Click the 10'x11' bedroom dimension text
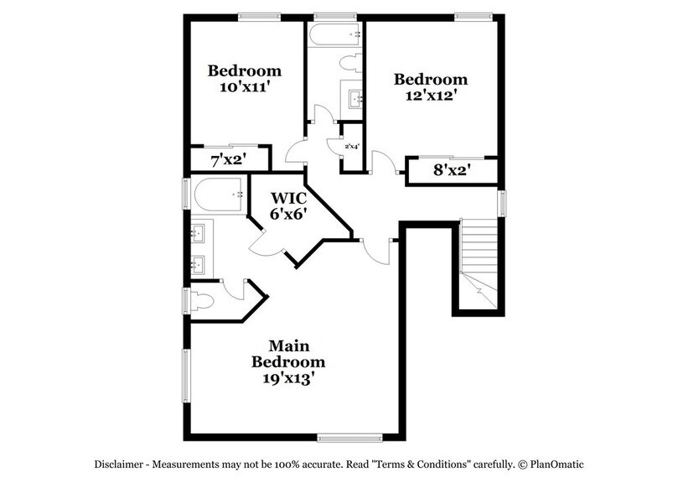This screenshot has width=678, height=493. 245,87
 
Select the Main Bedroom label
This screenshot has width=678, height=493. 288,354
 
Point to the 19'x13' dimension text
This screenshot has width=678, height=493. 288,378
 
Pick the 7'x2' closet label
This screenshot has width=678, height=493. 226,158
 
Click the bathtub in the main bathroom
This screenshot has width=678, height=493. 217,195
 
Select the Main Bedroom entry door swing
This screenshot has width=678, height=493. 377,250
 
